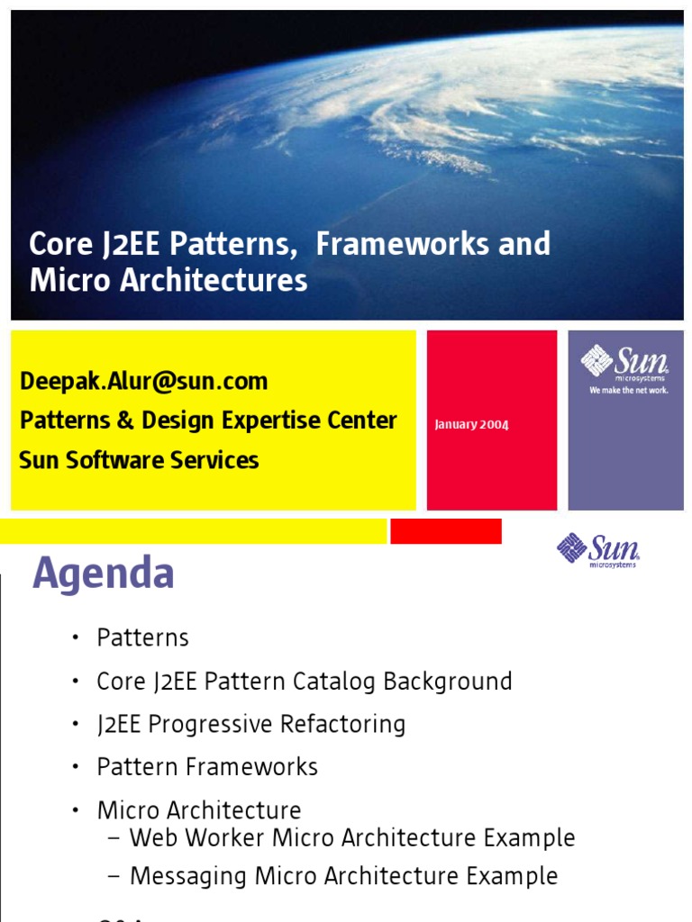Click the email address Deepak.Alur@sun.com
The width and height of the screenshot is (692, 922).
pos(143,381)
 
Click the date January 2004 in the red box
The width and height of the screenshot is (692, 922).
pos(471,424)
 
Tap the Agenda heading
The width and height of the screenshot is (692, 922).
pos(104,574)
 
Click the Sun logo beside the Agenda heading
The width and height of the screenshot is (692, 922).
pos(598,549)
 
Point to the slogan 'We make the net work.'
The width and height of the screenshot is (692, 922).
pos(628,391)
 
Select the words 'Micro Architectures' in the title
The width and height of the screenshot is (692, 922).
pos(168,280)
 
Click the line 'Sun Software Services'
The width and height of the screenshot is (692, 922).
pos(139,460)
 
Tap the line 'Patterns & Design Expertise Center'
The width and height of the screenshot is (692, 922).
pos(208,420)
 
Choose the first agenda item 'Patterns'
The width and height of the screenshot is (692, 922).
pos(142,638)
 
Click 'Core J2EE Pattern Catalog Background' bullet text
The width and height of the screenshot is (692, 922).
pos(304,682)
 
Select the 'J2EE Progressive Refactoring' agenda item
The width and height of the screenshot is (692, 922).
pos(250,724)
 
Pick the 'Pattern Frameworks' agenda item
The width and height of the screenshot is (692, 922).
pos(207,767)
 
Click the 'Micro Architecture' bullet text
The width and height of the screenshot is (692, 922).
pos(199,810)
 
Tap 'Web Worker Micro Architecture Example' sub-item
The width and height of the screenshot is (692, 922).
pos(352,838)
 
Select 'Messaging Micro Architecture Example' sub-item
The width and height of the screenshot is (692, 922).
pos(343,876)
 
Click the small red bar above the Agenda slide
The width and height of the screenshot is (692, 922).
pos(446,531)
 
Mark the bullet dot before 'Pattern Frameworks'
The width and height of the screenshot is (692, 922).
pos(77,768)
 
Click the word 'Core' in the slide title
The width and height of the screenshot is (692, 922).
pos(60,244)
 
